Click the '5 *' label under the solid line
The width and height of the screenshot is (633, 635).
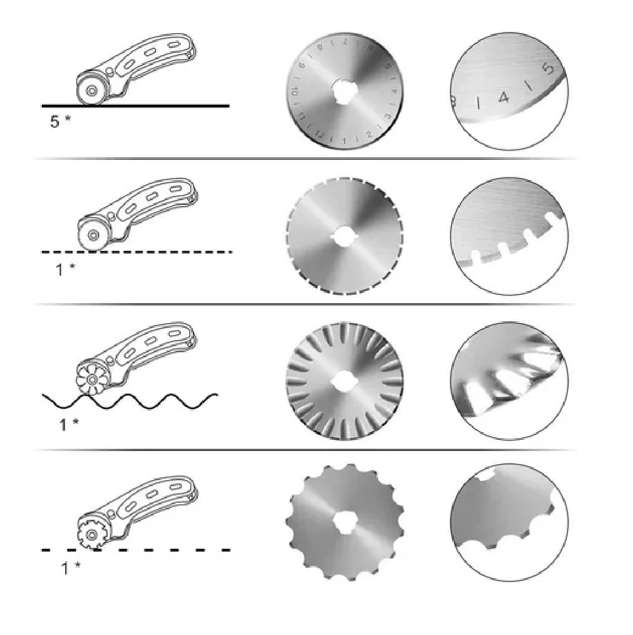click(60, 121)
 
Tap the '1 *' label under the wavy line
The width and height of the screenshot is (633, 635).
click(69, 424)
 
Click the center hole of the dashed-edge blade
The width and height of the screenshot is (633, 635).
click(345, 235)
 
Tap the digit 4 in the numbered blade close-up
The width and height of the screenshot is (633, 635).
click(502, 99)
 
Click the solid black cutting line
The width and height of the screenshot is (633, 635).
click(165, 105)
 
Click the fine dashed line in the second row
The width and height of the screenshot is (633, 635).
click(165, 252)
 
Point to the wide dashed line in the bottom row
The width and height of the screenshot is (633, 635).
click(165, 550)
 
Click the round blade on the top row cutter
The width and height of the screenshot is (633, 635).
click(90, 90)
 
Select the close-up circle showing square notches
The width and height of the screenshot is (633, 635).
click(509, 236)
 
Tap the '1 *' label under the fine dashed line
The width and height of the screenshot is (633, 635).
click(66, 270)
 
